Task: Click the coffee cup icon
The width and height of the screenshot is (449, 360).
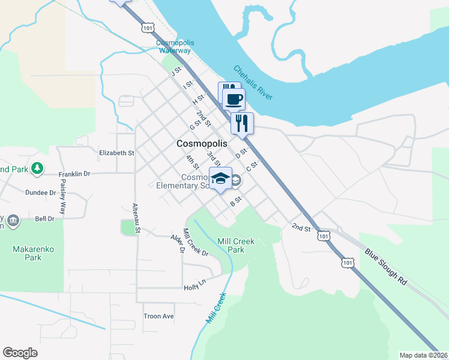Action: click(234, 99)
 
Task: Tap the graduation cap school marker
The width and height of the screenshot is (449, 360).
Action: click(221, 178)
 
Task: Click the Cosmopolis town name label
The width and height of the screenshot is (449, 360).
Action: click(202, 144)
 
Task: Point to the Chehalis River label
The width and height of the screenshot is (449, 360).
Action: click(253, 82)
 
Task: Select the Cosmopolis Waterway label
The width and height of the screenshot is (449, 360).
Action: click(173, 46)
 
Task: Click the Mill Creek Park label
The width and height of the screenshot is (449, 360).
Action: click(236, 245)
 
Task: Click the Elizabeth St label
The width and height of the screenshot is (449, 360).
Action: click(116, 153)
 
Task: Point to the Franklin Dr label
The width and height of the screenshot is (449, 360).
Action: click(74, 174)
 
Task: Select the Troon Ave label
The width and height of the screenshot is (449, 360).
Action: click(158, 316)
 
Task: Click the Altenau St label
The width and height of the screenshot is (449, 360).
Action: click(136, 217)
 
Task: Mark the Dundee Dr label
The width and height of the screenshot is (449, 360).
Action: click(40, 193)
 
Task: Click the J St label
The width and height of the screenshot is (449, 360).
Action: click(176, 72)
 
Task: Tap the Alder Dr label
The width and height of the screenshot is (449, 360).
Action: click(176, 243)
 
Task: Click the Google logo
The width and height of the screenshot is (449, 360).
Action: click(20, 353)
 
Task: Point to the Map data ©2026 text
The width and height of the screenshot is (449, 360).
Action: click(424, 355)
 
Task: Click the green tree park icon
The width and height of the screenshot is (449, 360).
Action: click(38, 169)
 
